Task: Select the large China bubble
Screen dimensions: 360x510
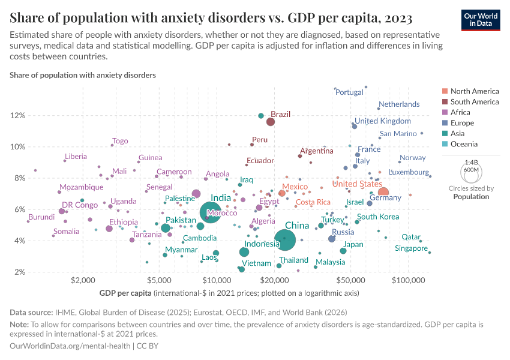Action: coord(285,240)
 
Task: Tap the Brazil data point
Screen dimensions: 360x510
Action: coord(271,122)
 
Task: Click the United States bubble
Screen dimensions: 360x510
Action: coord(383,193)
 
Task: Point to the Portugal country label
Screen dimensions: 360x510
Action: coord(349,92)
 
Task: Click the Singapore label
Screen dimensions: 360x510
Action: coord(412,248)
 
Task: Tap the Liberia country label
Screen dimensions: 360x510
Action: coord(75,157)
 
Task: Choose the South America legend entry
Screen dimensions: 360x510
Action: coord(474,102)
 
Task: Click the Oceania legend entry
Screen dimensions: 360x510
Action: coord(464,144)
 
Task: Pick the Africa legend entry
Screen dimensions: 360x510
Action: coord(460,112)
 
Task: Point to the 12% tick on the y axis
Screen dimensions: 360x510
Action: coord(17,115)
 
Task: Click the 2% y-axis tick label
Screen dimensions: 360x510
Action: coord(19,272)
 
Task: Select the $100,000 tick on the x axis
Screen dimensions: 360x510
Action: coord(409,280)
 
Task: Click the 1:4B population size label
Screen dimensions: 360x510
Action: coord(472,163)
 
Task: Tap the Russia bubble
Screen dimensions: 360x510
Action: coord(332,239)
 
